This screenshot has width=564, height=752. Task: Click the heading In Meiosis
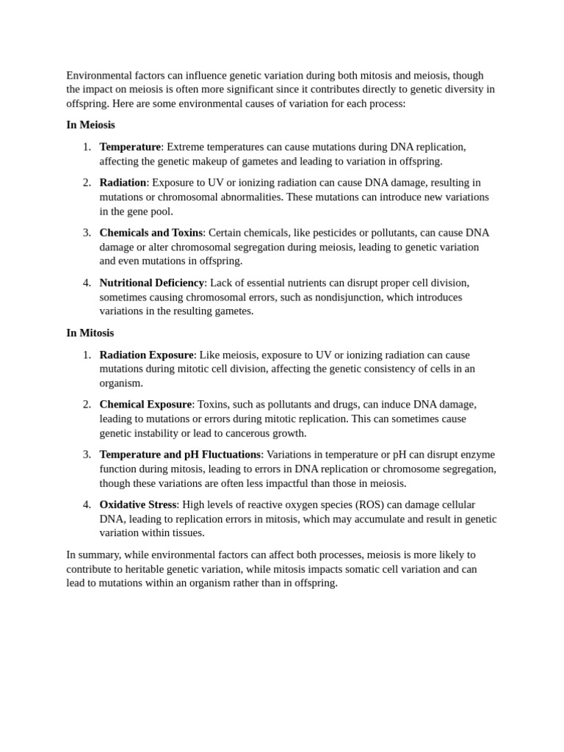90,125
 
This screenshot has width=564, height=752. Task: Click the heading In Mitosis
90,333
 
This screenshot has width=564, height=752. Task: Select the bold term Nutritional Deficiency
151,283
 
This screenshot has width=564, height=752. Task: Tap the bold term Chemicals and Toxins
151,233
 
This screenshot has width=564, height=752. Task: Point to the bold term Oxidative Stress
138,505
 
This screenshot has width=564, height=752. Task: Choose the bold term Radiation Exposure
146,355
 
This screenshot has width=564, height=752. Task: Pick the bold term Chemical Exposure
145,405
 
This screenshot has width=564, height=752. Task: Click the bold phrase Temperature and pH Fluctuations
180,455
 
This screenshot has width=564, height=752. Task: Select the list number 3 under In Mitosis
87,455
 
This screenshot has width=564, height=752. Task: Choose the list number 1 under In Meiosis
87,147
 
